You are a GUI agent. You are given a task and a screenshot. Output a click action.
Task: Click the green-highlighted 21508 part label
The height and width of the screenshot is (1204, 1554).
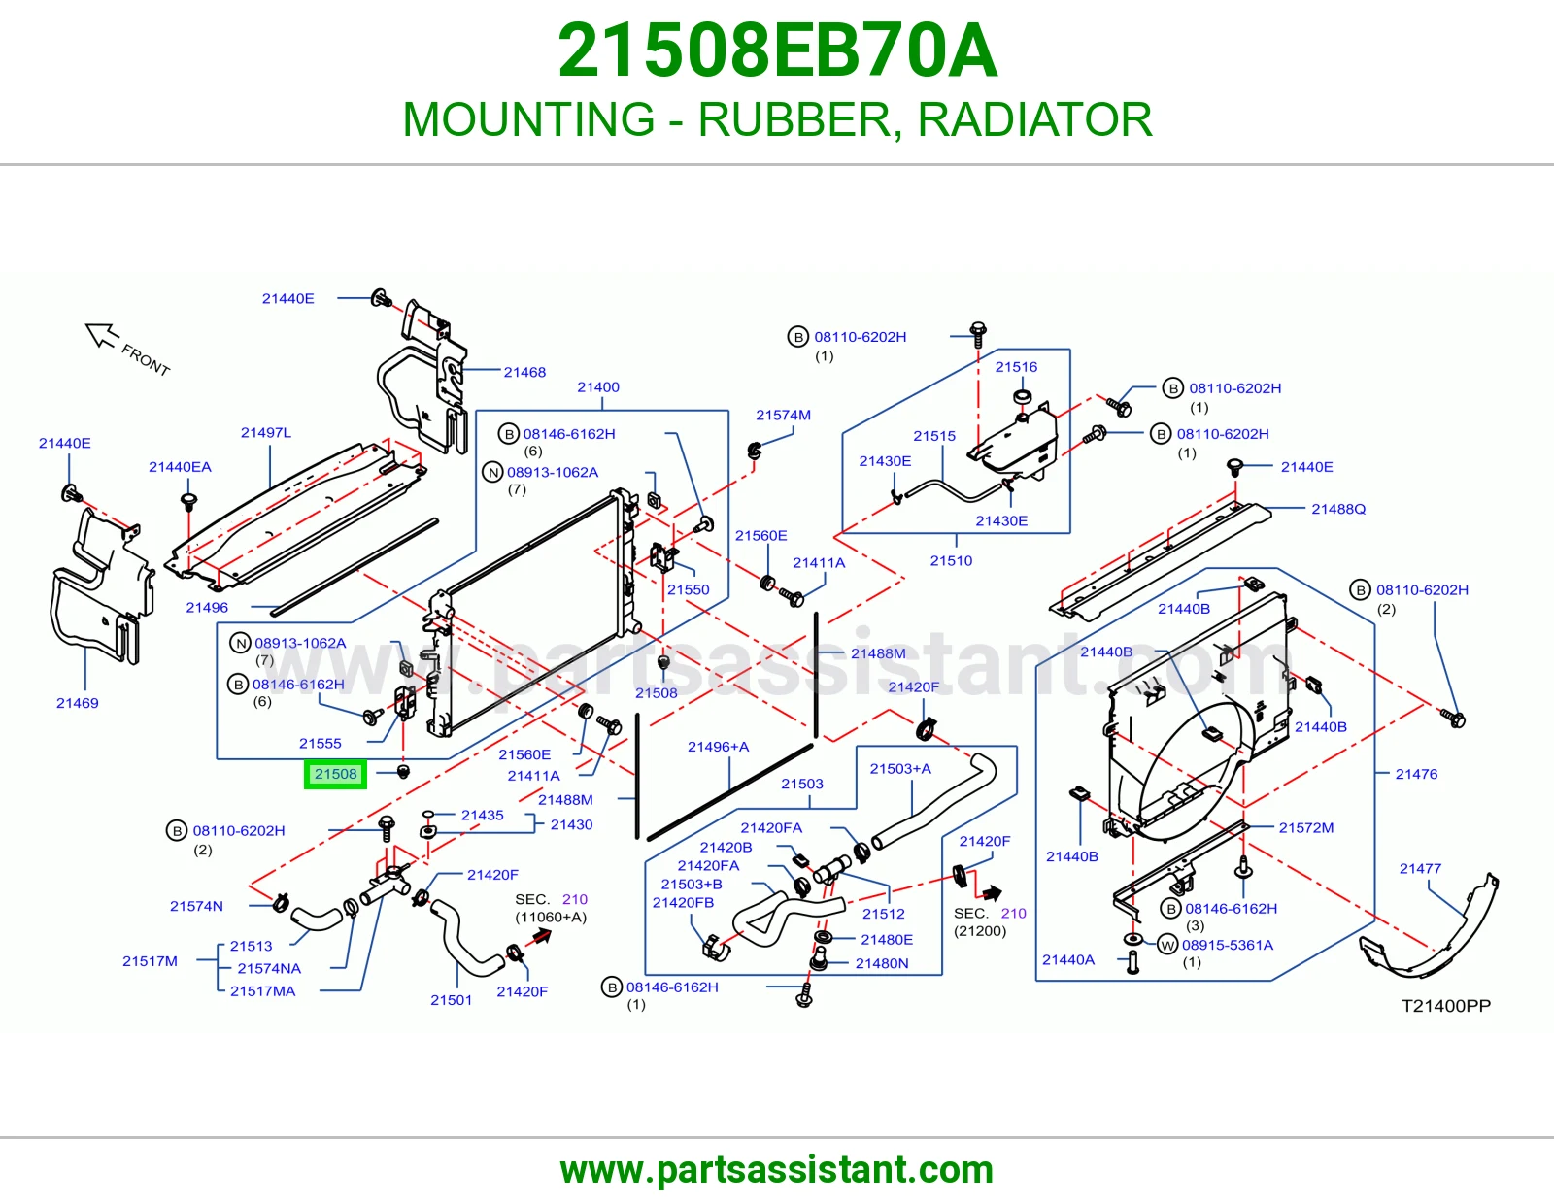click(x=335, y=774)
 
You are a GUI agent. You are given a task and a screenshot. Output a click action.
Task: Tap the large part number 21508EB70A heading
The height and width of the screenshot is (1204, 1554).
click(x=777, y=50)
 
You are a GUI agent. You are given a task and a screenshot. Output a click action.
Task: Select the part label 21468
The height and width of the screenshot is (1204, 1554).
click(x=524, y=372)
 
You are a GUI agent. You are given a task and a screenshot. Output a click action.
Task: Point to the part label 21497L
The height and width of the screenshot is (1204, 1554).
click(x=266, y=432)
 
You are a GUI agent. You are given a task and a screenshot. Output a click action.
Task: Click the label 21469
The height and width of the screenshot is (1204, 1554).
click(x=78, y=703)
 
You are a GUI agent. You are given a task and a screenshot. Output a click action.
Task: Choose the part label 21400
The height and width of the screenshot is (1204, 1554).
click(x=598, y=386)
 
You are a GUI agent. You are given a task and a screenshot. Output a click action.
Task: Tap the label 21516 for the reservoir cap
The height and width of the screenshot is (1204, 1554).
click(x=1016, y=367)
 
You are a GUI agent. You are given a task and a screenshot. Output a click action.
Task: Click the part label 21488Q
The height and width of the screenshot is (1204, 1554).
click(x=1338, y=509)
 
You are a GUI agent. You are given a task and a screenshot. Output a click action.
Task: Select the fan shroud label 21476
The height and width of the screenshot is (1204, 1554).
click(x=1416, y=774)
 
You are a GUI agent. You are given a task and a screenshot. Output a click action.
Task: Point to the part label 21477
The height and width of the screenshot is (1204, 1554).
click(x=1420, y=869)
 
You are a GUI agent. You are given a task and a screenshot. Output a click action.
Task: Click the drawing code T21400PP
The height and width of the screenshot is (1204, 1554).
click(x=1446, y=1006)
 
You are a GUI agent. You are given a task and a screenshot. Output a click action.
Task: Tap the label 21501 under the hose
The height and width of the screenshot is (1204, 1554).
click(x=452, y=1000)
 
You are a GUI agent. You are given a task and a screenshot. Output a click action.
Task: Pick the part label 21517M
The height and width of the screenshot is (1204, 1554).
click(x=150, y=961)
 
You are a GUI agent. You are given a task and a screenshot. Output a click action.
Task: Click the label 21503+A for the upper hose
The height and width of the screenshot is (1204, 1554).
click(x=900, y=769)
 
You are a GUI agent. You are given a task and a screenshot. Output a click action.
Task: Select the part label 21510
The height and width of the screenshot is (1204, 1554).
click(x=951, y=560)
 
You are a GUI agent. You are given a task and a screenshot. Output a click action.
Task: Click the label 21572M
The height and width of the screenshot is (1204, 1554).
click(x=1306, y=828)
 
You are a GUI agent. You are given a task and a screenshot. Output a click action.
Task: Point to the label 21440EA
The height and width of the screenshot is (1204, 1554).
click(x=180, y=467)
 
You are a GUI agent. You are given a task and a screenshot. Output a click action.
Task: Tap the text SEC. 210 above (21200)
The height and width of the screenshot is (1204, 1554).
click(x=990, y=913)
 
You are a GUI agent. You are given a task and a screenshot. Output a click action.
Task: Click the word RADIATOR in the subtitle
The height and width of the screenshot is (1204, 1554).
click(x=1034, y=119)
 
